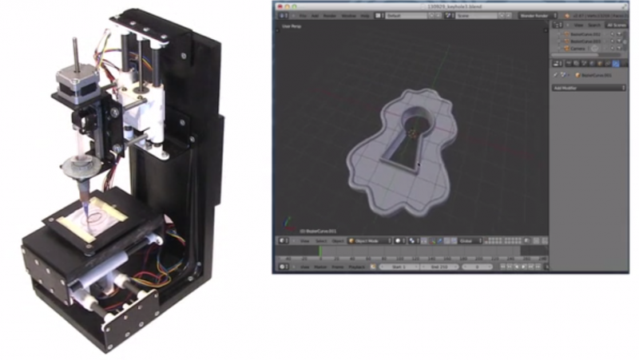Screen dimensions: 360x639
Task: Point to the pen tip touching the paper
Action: pyautogui.click(x=87, y=208)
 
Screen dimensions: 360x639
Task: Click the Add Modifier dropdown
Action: pyautogui.click(x=589, y=88)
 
